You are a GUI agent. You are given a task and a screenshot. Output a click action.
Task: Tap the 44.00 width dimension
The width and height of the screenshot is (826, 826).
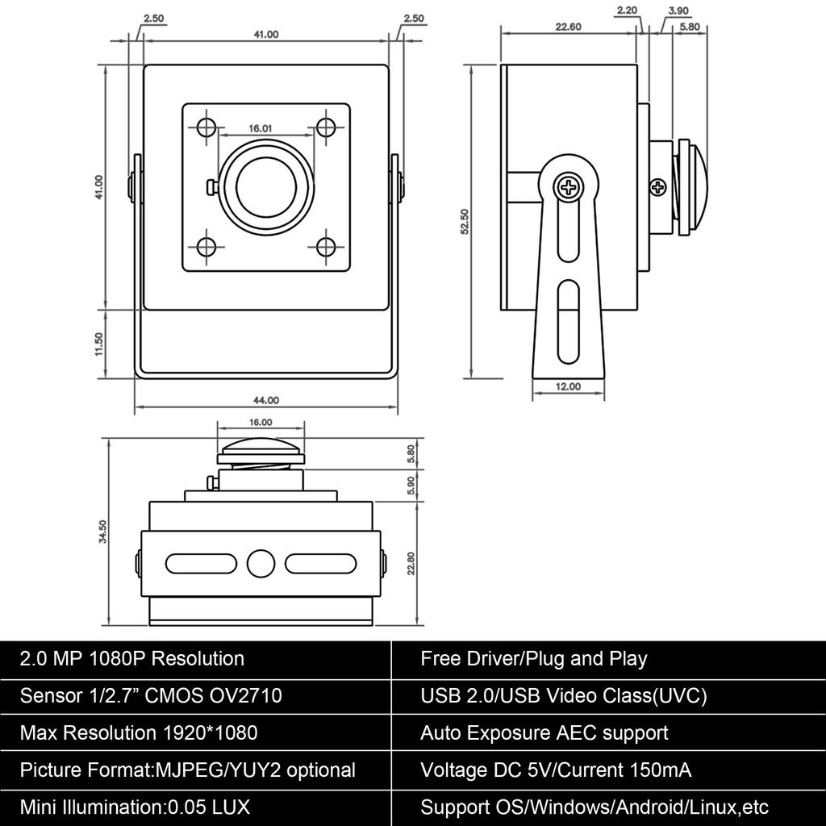[x=266, y=400]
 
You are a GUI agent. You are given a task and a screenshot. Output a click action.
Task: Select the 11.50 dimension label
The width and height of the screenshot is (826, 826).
[x=98, y=344]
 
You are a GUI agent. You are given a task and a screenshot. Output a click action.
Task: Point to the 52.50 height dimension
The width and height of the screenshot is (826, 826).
[x=464, y=222]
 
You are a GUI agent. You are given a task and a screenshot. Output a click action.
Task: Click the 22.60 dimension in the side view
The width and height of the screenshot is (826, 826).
[x=569, y=27]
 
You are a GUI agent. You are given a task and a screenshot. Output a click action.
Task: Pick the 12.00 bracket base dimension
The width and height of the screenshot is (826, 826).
[x=568, y=386]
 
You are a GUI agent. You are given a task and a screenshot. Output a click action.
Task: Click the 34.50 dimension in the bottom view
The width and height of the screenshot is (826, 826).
[x=102, y=532]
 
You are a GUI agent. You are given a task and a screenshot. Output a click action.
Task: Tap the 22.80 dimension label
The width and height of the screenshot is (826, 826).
[x=411, y=562]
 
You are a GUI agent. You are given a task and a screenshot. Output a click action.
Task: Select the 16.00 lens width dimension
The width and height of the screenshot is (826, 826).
[x=261, y=422]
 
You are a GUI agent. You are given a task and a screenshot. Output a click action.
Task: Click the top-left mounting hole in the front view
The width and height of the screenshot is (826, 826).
[x=206, y=127]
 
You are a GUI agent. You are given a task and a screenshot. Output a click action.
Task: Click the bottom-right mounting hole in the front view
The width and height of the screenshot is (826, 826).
[x=326, y=246]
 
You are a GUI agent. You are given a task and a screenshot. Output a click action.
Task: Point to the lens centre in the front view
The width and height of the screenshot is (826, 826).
[x=266, y=186]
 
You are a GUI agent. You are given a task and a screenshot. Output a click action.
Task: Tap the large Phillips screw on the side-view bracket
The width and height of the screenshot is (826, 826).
[x=569, y=188]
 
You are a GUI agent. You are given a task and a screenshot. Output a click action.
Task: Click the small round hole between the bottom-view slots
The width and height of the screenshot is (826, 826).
[x=261, y=563]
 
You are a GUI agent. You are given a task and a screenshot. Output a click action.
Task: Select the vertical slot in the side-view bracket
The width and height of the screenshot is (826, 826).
[x=568, y=322]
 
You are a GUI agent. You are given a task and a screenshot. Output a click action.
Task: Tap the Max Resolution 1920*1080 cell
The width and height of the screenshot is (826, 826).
[x=139, y=733]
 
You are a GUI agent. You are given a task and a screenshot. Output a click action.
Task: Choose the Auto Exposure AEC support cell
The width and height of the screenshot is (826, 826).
[x=544, y=733]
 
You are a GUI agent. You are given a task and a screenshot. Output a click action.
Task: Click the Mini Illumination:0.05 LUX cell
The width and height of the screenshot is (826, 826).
[x=135, y=807]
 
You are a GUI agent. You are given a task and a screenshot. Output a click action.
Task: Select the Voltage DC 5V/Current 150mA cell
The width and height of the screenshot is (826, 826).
[x=555, y=770]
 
